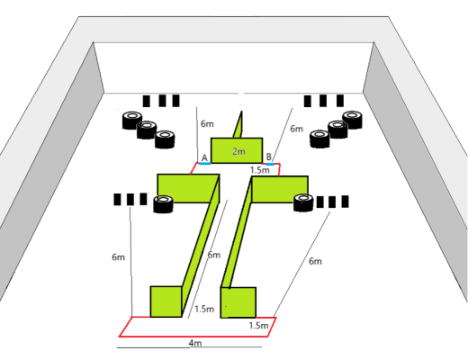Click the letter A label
click(x=204, y=157)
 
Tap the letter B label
click(x=269, y=157)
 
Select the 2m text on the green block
click(x=238, y=151)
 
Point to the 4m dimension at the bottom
click(x=195, y=343)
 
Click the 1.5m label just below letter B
click(x=260, y=170)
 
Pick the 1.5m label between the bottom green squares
click(x=204, y=309)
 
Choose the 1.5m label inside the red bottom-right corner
click(x=258, y=325)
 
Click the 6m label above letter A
click(x=207, y=123)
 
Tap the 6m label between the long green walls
click(x=214, y=255)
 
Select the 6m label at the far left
click(x=118, y=257)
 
